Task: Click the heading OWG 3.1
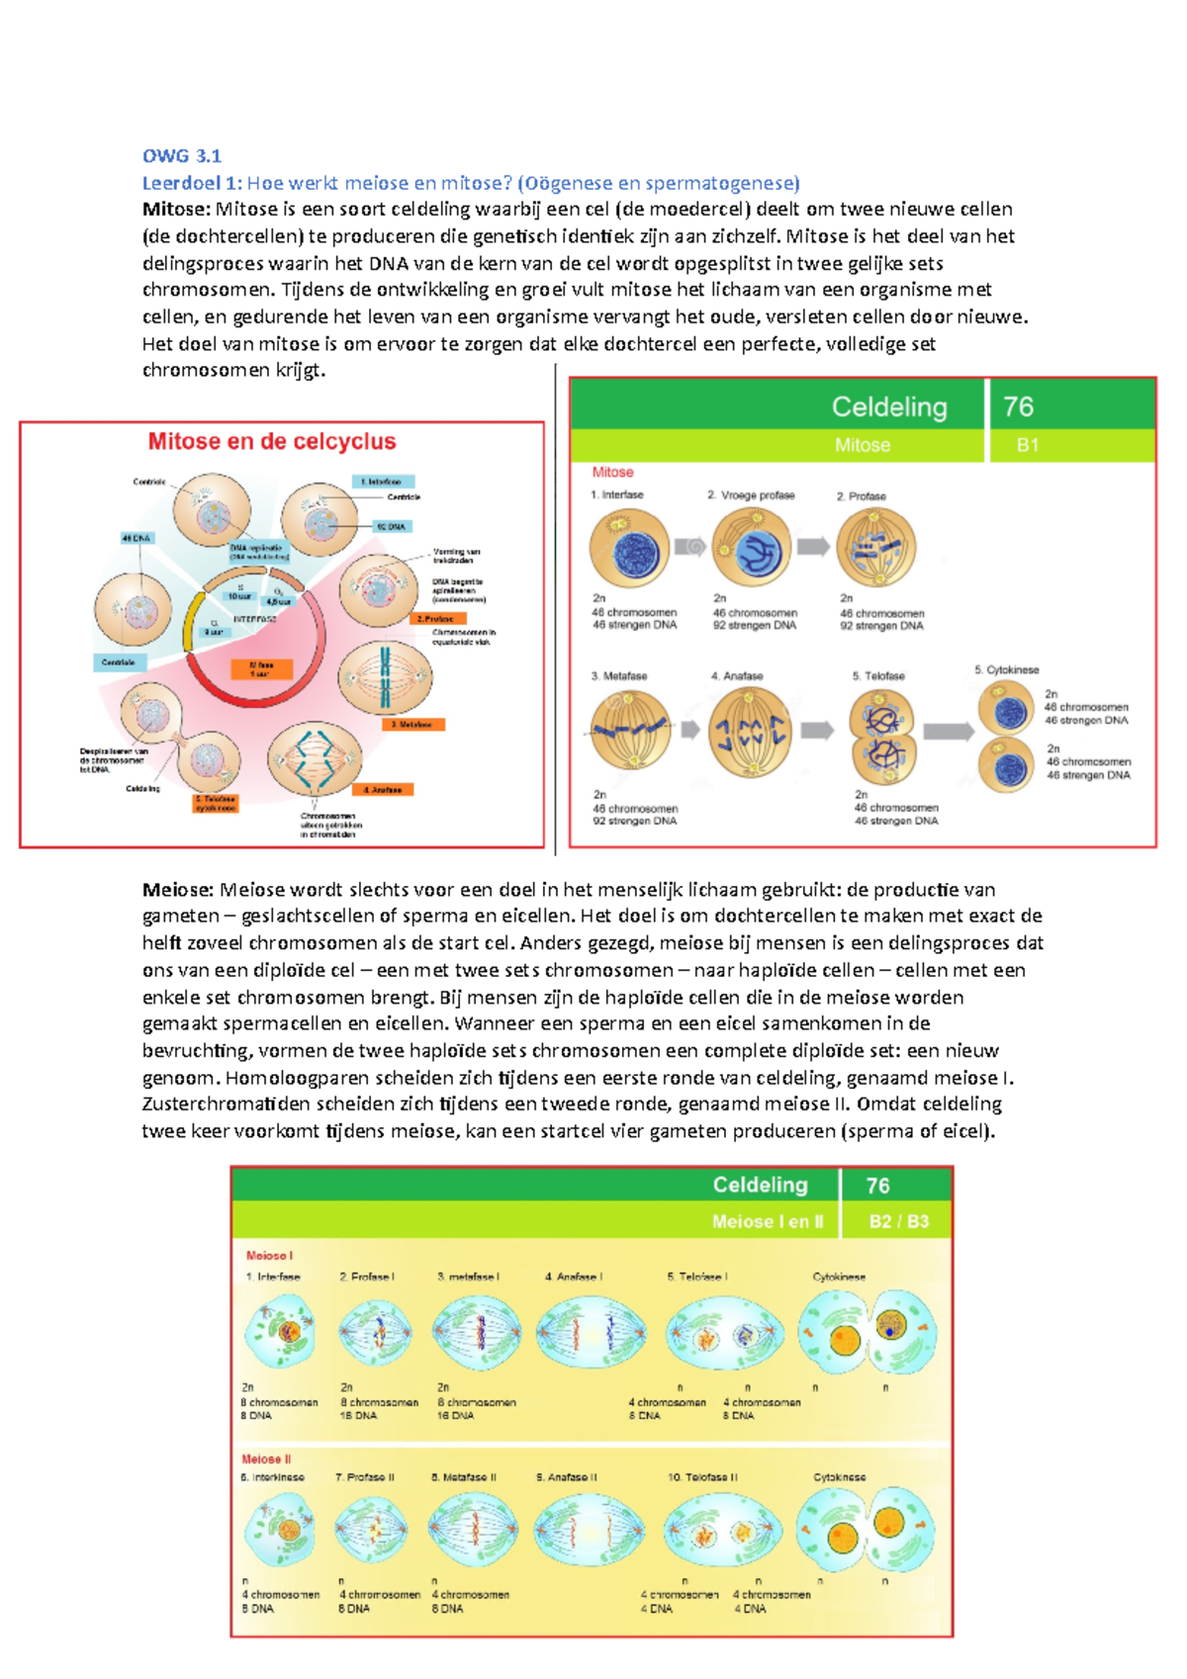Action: (x=181, y=155)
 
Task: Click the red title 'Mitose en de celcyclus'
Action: (x=272, y=442)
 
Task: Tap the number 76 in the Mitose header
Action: (x=1018, y=406)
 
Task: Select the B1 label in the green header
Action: (x=1028, y=445)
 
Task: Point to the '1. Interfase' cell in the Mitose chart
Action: (x=628, y=550)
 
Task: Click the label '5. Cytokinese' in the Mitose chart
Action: (x=1007, y=669)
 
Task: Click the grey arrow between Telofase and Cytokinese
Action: (x=949, y=732)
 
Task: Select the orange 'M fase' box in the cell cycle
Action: (x=262, y=669)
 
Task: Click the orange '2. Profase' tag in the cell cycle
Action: (x=436, y=619)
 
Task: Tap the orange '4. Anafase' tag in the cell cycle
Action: (x=382, y=790)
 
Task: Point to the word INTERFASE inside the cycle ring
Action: (x=254, y=619)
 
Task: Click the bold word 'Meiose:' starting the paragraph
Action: (x=178, y=889)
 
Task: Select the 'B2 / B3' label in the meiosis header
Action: (x=898, y=1221)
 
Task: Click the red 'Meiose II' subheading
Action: (x=266, y=1458)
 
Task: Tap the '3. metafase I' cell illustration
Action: (x=476, y=1331)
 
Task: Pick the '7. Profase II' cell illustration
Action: (x=372, y=1529)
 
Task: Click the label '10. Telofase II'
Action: (x=702, y=1477)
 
